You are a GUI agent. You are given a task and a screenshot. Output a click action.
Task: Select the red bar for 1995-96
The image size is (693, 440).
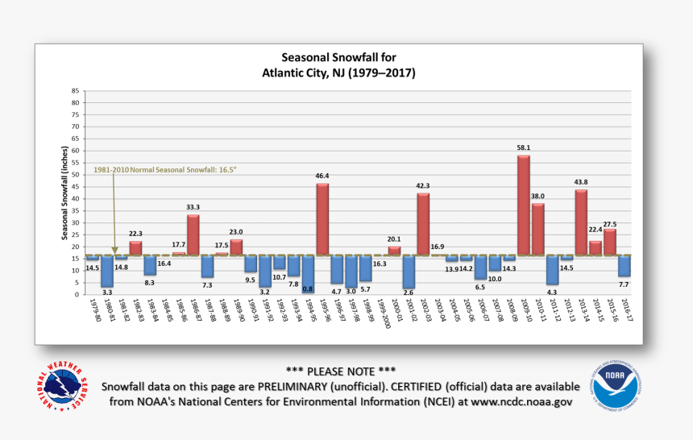pos(322,219)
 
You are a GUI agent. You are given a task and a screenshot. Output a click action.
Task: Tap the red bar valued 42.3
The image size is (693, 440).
pos(423,224)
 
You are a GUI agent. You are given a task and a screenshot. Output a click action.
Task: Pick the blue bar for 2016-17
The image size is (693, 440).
pos(625,265)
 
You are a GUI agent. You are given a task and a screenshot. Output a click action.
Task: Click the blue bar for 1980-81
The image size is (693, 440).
pos(106,271)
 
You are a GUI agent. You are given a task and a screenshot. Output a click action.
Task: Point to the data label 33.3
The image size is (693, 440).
pos(193,207)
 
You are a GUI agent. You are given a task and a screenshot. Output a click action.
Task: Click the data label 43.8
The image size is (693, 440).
pos(581,182)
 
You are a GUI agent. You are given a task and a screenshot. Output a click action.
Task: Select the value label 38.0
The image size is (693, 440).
pos(537,196)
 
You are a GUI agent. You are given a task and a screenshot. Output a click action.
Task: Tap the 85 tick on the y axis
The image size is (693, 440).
pos(75,90)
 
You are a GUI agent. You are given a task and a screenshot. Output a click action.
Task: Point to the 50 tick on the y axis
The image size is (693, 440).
pos(75,174)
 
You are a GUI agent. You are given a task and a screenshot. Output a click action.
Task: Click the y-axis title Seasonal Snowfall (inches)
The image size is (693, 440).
pos(64,192)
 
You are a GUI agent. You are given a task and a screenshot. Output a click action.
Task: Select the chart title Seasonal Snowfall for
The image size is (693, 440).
pos(338,58)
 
